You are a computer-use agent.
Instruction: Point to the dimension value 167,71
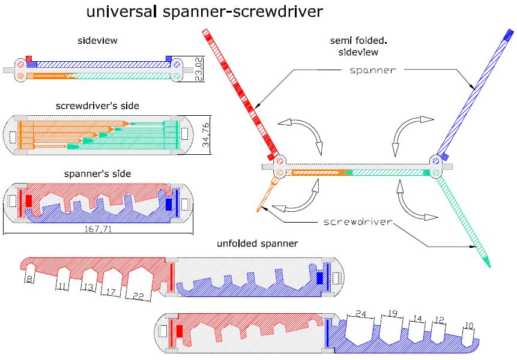coord(100,229)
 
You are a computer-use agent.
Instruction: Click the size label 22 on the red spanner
coord(138,295)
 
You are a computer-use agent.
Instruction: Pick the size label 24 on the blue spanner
coord(360,313)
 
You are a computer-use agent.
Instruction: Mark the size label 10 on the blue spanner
coord(469,325)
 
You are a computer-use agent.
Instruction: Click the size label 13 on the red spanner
coord(88,287)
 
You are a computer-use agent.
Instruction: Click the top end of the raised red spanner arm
coord(205,31)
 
